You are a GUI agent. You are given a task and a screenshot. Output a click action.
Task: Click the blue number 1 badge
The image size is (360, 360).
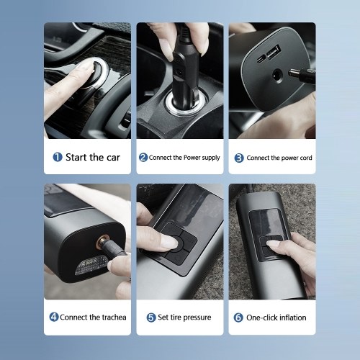[58, 157]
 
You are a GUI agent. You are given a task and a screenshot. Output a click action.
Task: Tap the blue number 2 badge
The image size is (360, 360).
[143, 158]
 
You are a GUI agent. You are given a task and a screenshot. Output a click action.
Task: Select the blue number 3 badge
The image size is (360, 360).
[239, 158]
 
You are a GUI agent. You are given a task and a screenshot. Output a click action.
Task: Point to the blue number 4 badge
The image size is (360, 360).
[54, 317]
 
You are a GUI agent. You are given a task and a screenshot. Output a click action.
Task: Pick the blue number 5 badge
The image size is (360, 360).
[151, 318]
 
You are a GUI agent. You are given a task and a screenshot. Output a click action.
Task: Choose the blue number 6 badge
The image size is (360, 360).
[238, 318]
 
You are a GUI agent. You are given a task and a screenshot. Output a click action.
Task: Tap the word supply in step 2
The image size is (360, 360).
[211, 158]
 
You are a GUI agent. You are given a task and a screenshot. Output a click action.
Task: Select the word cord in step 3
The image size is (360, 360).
[305, 158]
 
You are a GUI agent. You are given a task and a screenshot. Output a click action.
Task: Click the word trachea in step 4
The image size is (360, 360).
[114, 317]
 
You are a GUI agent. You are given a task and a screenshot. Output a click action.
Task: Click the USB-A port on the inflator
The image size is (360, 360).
[274, 52]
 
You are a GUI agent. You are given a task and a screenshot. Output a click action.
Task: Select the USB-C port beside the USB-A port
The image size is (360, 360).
[261, 59]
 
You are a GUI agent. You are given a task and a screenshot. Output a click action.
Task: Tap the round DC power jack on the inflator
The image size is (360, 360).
[278, 76]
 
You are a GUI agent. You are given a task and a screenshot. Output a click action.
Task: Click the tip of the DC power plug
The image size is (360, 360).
[289, 72]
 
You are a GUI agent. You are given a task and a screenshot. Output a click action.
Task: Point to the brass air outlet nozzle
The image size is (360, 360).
[102, 242]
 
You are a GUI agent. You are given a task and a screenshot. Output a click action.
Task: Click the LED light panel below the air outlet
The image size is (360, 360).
[91, 265]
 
